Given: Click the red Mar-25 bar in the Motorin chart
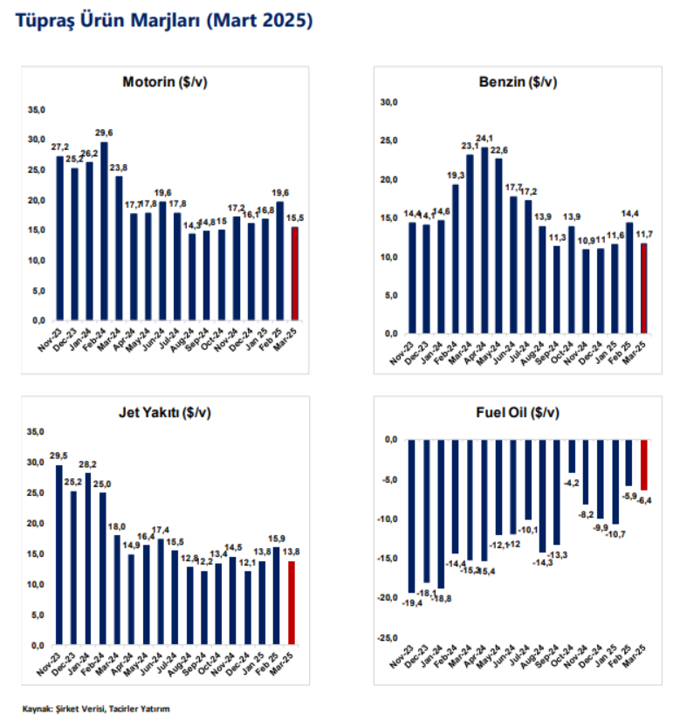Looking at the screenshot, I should click(295, 273).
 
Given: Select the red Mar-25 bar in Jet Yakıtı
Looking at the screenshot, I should click(292, 602).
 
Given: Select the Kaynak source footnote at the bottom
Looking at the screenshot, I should click(96, 709).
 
